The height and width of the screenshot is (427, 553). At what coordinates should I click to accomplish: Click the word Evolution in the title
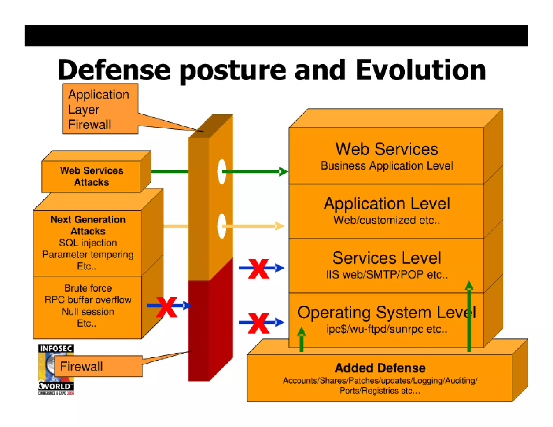pyautogui.click(x=420, y=70)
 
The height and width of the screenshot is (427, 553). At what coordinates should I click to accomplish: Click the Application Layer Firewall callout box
pyautogui.click(x=100, y=109)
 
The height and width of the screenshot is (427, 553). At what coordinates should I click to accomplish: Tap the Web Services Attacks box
pyautogui.click(x=91, y=176)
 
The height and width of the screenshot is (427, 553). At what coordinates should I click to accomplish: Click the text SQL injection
pyautogui.click(x=88, y=243)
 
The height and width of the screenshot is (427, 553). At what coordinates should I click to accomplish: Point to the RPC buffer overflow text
pyautogui.click(x=88, y=300)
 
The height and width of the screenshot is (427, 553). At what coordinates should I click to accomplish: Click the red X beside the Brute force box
pyautogui.click(x=167, y=307)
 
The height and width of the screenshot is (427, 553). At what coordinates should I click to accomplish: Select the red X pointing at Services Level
pyautogui.click(x=258, y=269)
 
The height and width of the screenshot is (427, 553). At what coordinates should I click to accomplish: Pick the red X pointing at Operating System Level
pyautogui.click(x=258, y=323)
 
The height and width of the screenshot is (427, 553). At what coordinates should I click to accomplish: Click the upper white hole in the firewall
pyautogui.click(x=222, y=171)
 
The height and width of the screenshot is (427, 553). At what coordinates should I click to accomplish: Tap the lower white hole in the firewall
pyautogui.click(x=222, y=226)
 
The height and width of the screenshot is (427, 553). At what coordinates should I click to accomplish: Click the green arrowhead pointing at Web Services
pyautogui.click(x=283, y=171)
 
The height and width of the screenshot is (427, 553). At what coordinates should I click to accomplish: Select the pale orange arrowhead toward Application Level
pyautogui.click(x=279, y=226)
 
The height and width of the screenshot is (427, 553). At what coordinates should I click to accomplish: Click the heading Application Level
pyautogui.click(x=387, y=204)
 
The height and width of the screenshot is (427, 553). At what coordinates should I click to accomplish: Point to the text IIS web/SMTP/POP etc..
pyautogui.click(x=387, y=274)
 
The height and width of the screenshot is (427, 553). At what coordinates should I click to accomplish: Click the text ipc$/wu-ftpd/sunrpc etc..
pyautogui.click(x=387, y=329)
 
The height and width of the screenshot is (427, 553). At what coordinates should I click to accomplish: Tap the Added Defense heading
pyautogui.click(x=380, y=368)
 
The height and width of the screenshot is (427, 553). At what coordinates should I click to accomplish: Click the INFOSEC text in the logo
pyautogui.click(x=56, y=348)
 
